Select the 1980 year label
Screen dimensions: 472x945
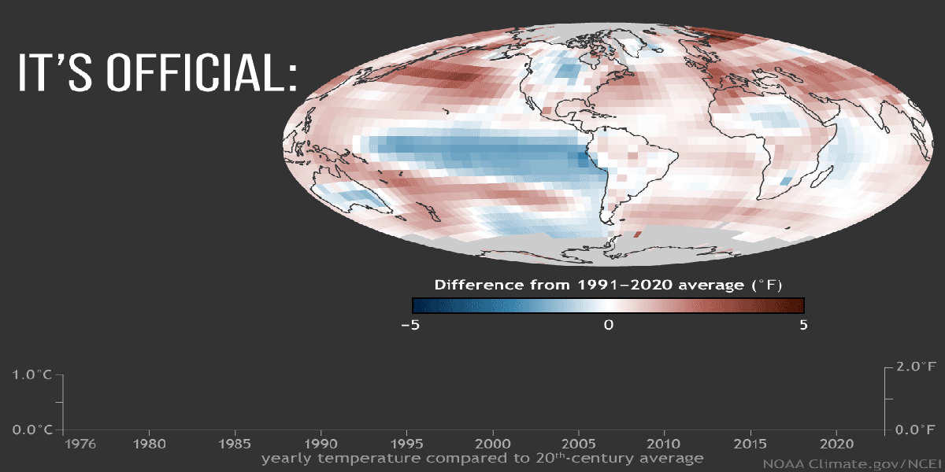click(149, 444)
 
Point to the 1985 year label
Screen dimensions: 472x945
click(235, 444)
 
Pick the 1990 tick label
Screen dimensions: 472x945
click(321, 444)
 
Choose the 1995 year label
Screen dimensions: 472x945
click(406, 444)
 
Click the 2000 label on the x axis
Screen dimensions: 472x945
click(493, 444)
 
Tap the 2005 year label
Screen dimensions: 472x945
click(579, 444)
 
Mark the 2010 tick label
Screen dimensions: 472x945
click(665, 444)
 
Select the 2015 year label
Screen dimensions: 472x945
click(750, 444)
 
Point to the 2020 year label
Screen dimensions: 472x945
click(836, 444)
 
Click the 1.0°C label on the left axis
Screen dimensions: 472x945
click(32, 375)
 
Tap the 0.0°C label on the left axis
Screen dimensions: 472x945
click(32, 430)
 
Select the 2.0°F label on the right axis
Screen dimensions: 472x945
click(915, 367)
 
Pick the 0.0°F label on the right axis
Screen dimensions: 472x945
click(915, 430)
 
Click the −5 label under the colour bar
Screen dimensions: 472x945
click(409, 324)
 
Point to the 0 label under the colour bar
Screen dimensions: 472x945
click(608, 324)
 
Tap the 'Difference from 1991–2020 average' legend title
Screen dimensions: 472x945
click(608, 283)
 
